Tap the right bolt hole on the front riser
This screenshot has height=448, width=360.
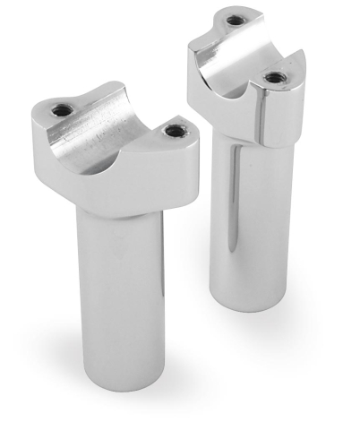tap(173, 131)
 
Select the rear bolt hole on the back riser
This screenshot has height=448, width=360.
tap(235, 20)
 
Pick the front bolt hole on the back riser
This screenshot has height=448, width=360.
tap(275, 78)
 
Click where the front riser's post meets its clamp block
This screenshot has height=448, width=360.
tap(121, 213)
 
